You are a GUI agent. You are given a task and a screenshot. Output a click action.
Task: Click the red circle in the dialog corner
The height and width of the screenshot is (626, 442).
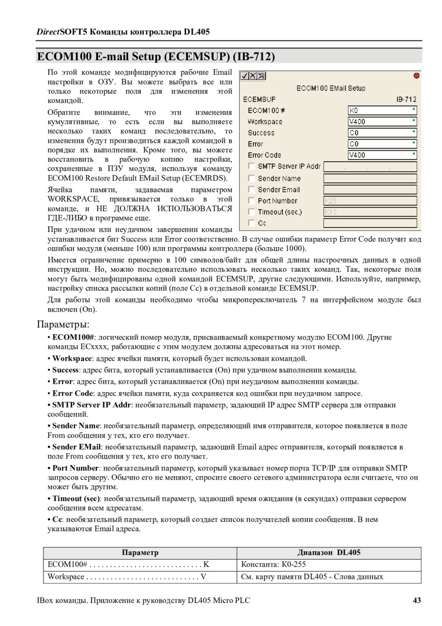click(416, 76)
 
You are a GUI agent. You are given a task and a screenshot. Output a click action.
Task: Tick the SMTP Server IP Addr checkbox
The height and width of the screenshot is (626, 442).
click(251, 167)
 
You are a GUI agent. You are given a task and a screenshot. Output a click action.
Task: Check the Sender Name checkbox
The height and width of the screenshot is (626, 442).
click(251, 178)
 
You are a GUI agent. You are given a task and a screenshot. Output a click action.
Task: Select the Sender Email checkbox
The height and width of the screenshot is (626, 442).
click(251, 190)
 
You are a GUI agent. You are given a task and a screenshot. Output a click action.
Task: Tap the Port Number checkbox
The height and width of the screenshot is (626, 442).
click(251, 200)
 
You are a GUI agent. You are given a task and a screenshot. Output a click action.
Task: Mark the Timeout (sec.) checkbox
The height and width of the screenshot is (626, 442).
click(251, 212)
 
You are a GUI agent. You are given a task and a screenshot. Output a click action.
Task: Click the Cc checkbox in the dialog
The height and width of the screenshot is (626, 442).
click(251, 223)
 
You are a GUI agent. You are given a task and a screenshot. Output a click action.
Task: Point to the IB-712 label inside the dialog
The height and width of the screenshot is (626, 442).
click(406, 99)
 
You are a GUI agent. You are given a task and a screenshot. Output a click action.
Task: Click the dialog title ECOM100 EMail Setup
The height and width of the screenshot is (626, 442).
click(331, 88)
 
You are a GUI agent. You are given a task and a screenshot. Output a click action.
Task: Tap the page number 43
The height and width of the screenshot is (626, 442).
click(416, 600)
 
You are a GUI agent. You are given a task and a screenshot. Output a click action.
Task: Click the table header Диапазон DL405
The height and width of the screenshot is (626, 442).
click(329, 552)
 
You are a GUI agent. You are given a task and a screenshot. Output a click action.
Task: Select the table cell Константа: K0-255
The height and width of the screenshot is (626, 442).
click(274, 565)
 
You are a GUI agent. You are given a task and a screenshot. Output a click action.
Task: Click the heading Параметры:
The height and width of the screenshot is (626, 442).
click(63, 324)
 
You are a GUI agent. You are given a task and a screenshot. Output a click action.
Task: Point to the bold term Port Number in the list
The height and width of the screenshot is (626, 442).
click(76, 468)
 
